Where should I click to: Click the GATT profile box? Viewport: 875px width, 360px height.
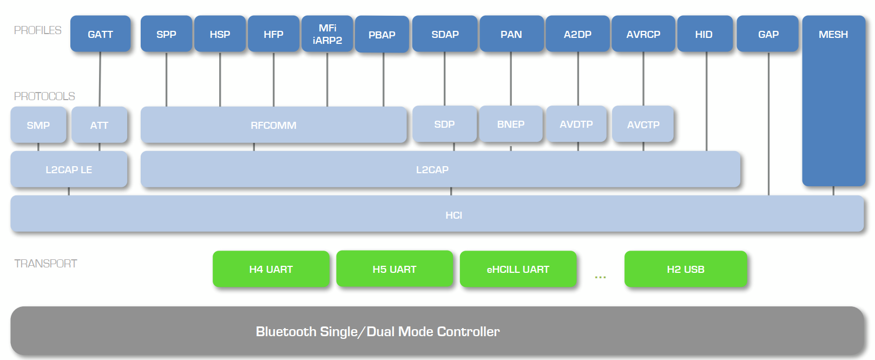pos(100,34)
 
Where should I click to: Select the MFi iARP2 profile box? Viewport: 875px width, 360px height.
pos(327,34)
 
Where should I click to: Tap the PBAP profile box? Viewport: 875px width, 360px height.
pos(381,35)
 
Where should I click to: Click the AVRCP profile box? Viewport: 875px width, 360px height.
pos(643,34)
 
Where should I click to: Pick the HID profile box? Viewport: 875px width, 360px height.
pos(704,34)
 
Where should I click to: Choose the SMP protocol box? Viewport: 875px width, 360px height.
pos(38,125)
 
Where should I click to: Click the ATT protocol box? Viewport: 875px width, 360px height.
pos(99,125)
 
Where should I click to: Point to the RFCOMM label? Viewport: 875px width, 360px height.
pos(273,126)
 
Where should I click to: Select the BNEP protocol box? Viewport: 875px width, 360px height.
pos(510,125)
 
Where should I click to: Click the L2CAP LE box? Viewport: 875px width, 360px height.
pos(69,169)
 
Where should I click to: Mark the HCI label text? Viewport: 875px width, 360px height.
pos(453,215)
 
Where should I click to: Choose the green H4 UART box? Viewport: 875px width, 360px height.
pos(271,269)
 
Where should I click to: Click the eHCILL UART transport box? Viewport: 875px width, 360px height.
pos(518,269)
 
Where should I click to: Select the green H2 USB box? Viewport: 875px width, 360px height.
pos(685,269)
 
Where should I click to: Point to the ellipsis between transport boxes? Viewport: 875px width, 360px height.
pos(600,277)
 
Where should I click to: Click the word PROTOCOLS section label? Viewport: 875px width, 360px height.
pos(44,96)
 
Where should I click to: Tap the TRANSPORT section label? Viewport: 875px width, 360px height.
pos(45,264)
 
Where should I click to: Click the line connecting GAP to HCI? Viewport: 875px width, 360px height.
pos(768,125)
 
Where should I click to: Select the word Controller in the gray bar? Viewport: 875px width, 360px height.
pos(468,331)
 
